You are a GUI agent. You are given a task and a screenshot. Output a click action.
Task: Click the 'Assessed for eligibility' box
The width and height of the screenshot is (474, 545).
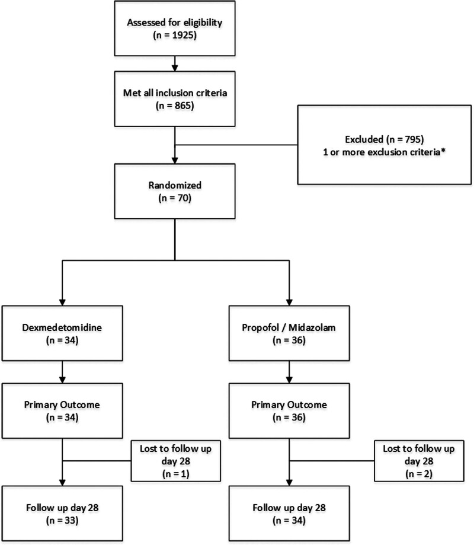pyautogui.click(x=175, y=28)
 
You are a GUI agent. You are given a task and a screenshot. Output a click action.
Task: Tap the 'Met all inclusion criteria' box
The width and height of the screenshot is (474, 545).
pyautogui.click(x=175, y=98)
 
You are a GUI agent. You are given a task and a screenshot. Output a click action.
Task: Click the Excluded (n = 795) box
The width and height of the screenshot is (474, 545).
pyautogui.click(x=385, y=145)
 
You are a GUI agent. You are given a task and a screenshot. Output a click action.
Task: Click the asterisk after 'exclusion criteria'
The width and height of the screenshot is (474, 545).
pyautogui.click(x=443, y=151)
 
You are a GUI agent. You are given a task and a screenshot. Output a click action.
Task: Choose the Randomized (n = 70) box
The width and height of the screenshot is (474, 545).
pyautogui.click(x=175, y=191)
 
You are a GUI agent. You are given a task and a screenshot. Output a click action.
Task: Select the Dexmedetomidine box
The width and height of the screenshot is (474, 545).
pyautogui.click(x=62, y=333)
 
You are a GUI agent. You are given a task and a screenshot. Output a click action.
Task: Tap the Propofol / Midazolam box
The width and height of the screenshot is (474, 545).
pyautogui.click(x=289, y=333)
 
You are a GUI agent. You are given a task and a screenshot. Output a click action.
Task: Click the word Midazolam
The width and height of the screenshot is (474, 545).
pyautogui.click(x=312, y=327)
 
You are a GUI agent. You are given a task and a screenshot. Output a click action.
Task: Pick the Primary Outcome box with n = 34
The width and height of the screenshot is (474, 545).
pyautogui.click(x=62, y=410)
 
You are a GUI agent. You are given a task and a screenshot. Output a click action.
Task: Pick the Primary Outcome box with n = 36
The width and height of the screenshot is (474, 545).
pyautogui.click(x=289, y=410)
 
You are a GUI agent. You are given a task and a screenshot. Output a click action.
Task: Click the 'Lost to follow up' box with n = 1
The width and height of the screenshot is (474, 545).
pyautogui.click(x=176, y=461)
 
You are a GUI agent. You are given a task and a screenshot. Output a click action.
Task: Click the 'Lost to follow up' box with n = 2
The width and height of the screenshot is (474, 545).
pyautogui.click(x=419, y=461)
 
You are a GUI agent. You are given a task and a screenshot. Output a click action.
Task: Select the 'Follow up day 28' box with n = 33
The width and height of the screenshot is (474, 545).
pyautogui.click(x=62, y=514)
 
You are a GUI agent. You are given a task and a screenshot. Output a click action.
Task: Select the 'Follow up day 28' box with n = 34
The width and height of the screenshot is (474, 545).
pyautogui.click(x=289, y=514)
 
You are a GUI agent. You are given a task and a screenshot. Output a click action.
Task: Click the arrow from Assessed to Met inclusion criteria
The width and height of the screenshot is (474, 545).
pyautogui.click(x=175, y=63)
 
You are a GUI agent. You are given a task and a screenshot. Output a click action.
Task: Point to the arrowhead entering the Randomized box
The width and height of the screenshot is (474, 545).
pyautogui.click(x=175, y=161)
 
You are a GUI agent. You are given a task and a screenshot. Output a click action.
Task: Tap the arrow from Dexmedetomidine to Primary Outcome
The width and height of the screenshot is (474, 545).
pyautogui.click(x=62, y=372)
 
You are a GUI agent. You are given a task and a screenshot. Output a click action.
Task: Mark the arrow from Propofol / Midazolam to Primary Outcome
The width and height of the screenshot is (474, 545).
pyautogui.click(x=289, y=372)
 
